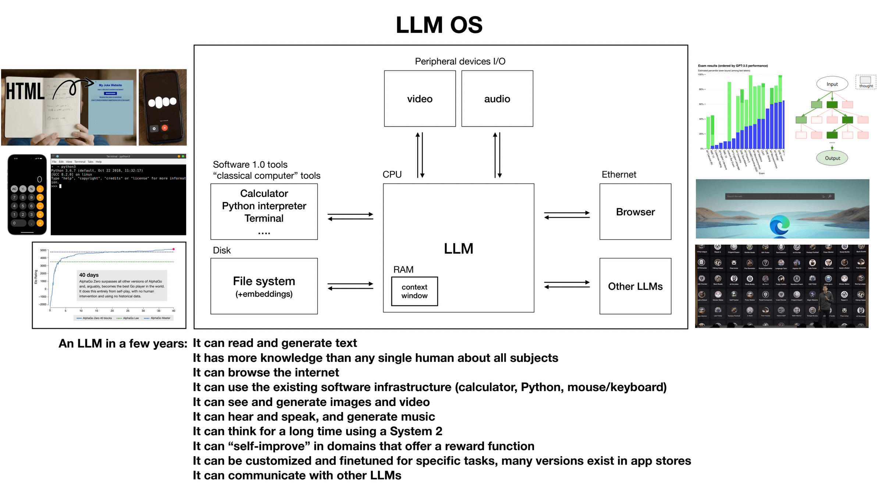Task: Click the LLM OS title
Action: click(x=439, y=25)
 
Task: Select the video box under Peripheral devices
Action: click(x=420, y=99)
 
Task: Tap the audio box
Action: click(x=497, y=99)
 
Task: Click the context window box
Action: click(x=414, y=291)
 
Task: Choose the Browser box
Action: click(x=635, y=212)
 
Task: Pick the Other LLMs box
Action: click(x=635, y=286)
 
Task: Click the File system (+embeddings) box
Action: click(x=264, y=286)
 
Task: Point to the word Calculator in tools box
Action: click(x=264, y=193)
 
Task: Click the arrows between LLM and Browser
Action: click(x=567, y=215)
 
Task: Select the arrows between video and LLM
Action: click(x=420, y=155)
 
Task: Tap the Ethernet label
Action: click(x=619, y=174)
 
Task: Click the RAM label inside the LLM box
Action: click(x=403, y=270)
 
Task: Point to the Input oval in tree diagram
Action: click(x=832, y=84)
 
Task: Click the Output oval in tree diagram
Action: click(x=832, y=158)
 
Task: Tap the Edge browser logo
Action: click(x=779, y=225)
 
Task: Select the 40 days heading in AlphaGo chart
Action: click(x=89, y=275)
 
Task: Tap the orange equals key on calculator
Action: click(x=40, y=223)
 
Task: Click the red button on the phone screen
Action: click(x=165, y=128)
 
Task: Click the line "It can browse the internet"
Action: click(x=266, y=372)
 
